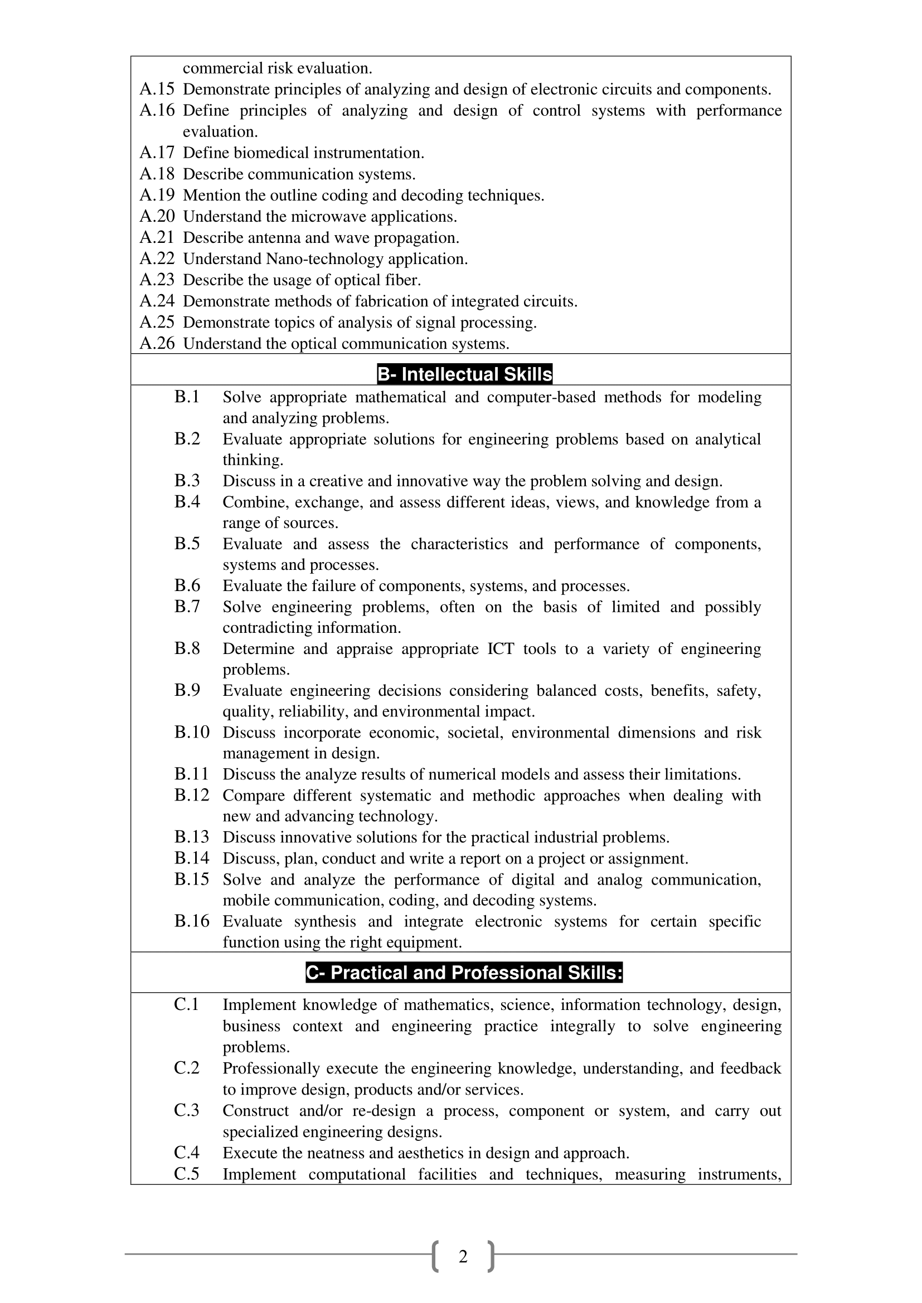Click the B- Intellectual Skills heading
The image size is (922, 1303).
click(x=464, y=374)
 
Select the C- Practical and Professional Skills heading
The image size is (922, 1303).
click(x=464, y=973)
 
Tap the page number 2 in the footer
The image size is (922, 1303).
click(x=463, y=1257)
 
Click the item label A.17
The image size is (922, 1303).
click(x=157, y=153)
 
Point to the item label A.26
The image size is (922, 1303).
click(x=157, y=343)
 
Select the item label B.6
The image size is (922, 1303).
click(x=187, y=585)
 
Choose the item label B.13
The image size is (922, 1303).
click(x=192, y=837)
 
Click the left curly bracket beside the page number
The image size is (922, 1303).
click(x=436, y=1256)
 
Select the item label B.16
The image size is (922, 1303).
click(x=192, y=921)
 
